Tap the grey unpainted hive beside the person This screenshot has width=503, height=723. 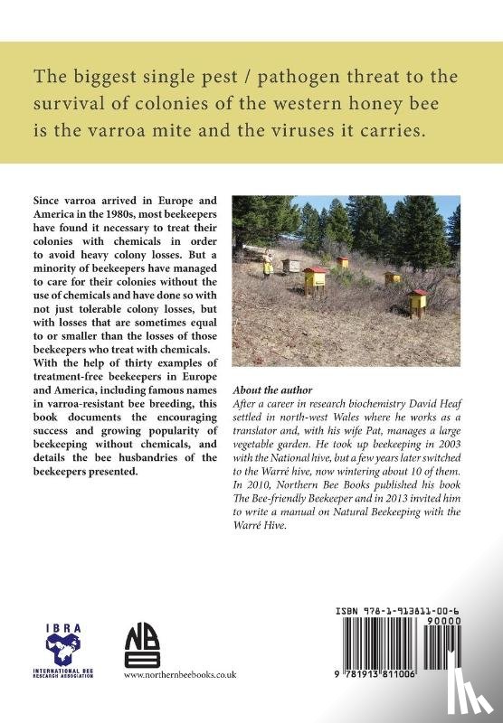click(x=291, y=266)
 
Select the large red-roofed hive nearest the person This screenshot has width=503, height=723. click(x=315, y=279)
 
